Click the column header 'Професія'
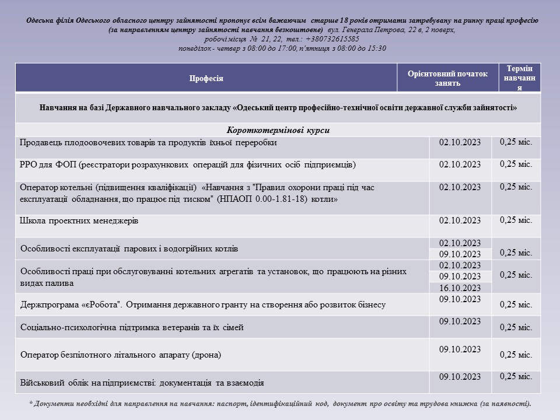tap(206, 78)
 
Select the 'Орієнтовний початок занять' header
tap(447, 78)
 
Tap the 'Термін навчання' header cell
tap(520, 78)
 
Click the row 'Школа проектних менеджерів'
tap(79, 221)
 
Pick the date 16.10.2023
tap(460, 288)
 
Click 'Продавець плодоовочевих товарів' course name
tap(148, 142)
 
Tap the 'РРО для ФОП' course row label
tap(187, 165)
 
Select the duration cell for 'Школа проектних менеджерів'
tap(516, 220)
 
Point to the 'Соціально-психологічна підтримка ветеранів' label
tap(132, 328)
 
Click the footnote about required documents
tap(280, 403)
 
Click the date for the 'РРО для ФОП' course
tap(460, 164)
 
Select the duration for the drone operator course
tap(516, 355)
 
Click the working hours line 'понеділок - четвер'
tap(282, 48)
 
